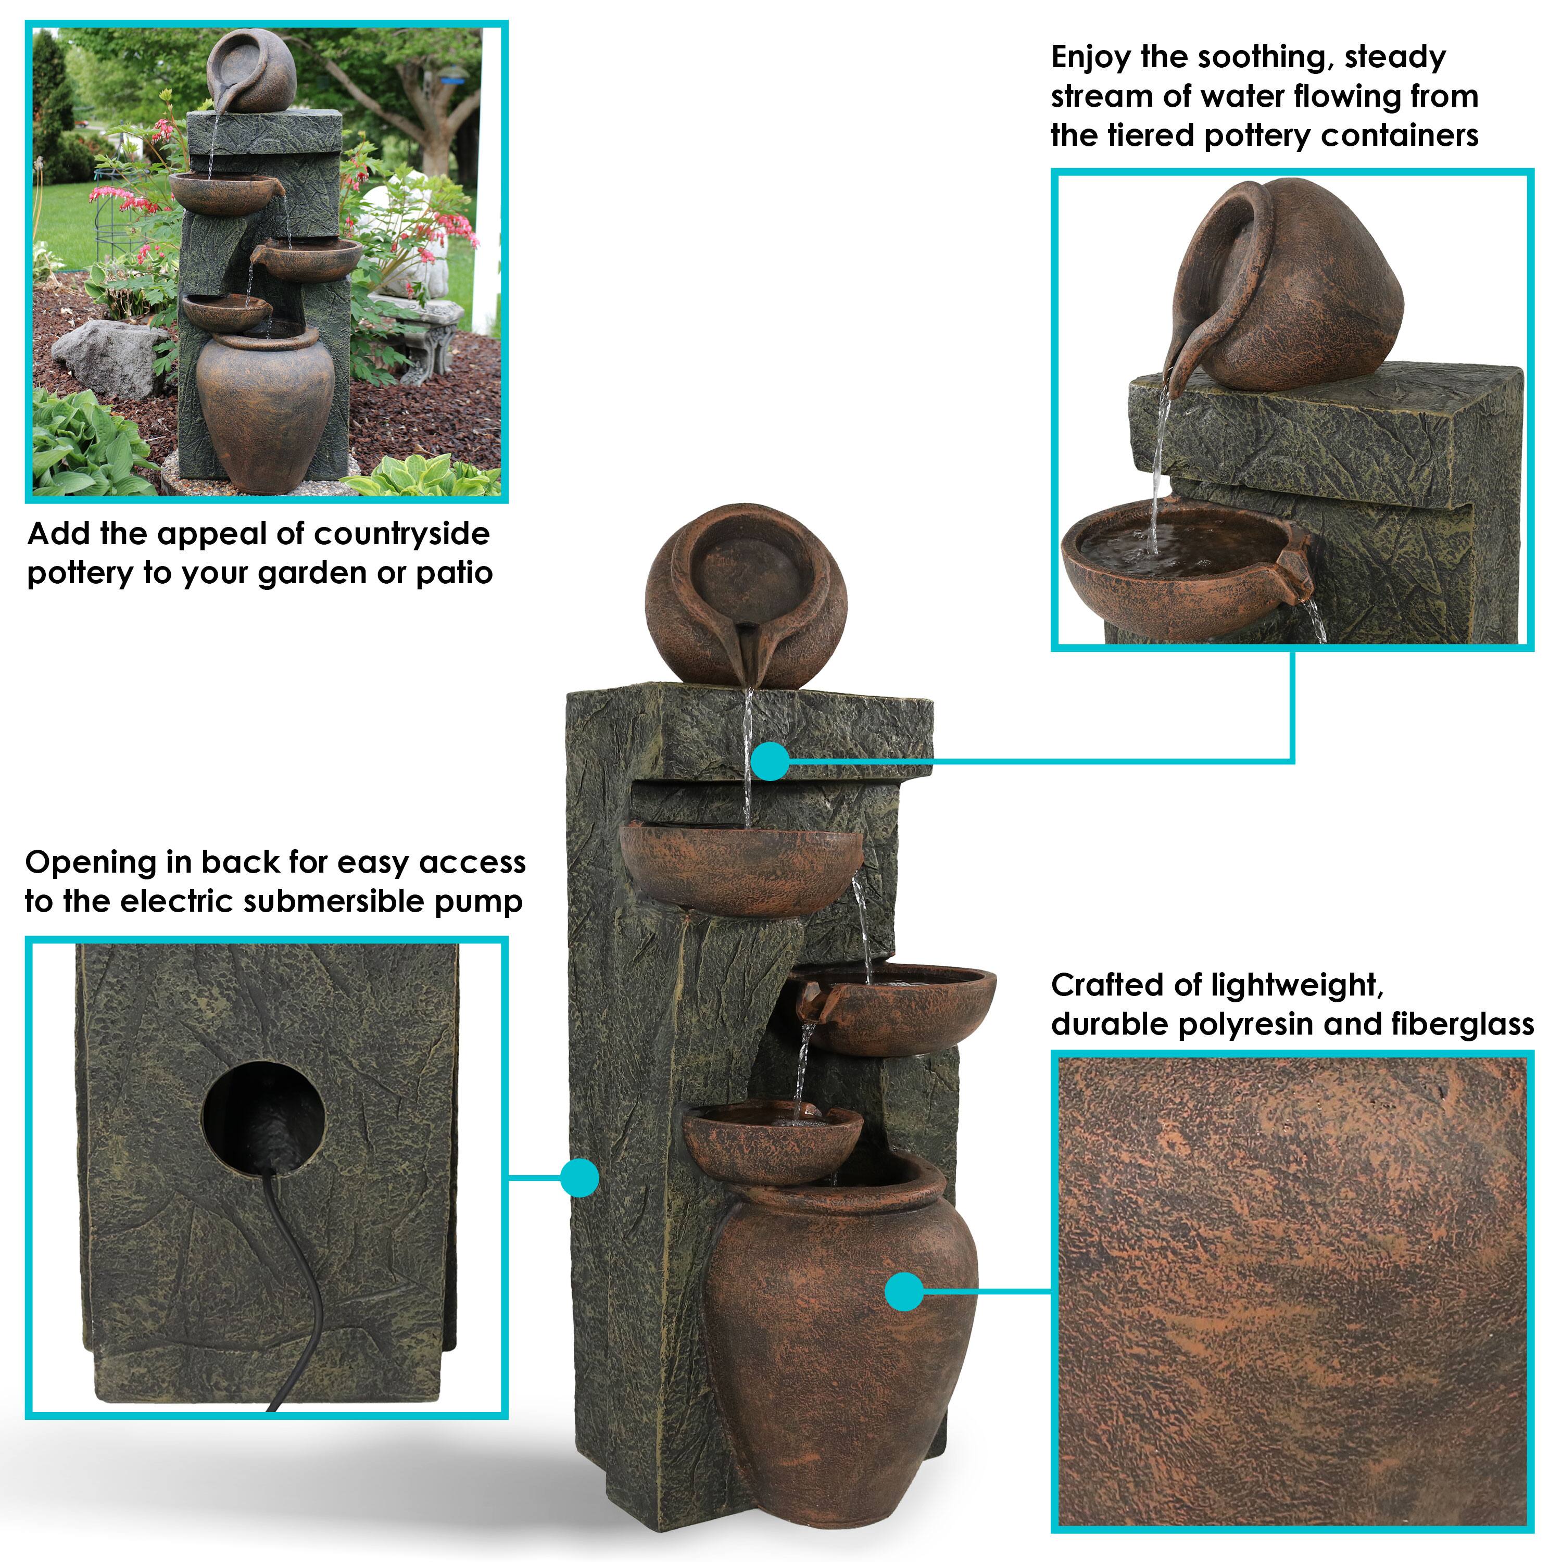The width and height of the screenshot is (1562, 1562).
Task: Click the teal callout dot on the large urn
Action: [x=904, y=1291]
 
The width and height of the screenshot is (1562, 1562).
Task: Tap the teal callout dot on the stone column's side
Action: [x=579, y=1178]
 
